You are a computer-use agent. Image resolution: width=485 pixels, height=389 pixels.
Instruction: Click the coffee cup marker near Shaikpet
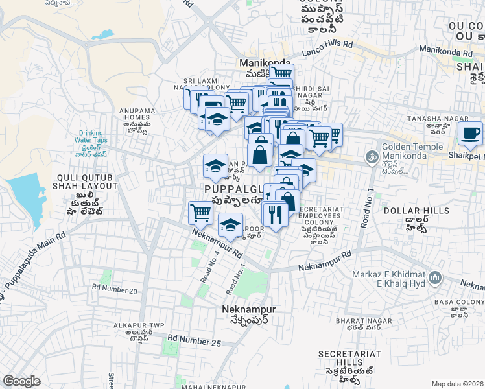coord(469,134)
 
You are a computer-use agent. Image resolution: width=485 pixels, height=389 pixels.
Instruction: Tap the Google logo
coord(21,381)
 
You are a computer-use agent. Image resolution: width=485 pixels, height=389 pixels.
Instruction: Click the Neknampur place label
coord(248,309)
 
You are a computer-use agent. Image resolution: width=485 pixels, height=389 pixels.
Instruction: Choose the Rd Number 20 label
coord(115,290)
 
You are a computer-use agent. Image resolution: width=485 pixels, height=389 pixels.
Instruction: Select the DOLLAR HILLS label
coord(416,211)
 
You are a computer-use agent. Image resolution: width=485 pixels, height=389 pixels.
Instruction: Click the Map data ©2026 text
coord(457,384)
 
